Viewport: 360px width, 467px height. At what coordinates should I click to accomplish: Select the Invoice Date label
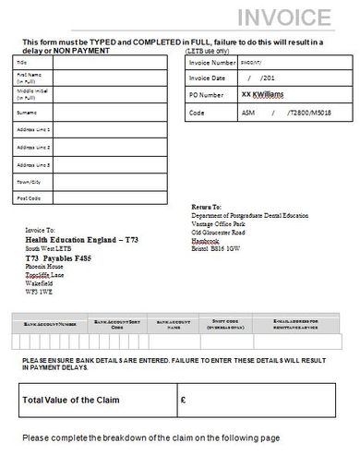point(208,78)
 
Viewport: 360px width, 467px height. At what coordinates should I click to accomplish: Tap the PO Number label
point(205,95)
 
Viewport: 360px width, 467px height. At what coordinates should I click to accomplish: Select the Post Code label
point(29,198)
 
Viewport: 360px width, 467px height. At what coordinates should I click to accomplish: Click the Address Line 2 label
point(33,146)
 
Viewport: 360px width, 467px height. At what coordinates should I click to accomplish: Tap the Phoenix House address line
point(45,266)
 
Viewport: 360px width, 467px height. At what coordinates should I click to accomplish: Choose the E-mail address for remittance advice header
point(314,323)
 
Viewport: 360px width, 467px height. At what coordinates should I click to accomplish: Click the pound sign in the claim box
point(184,401)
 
